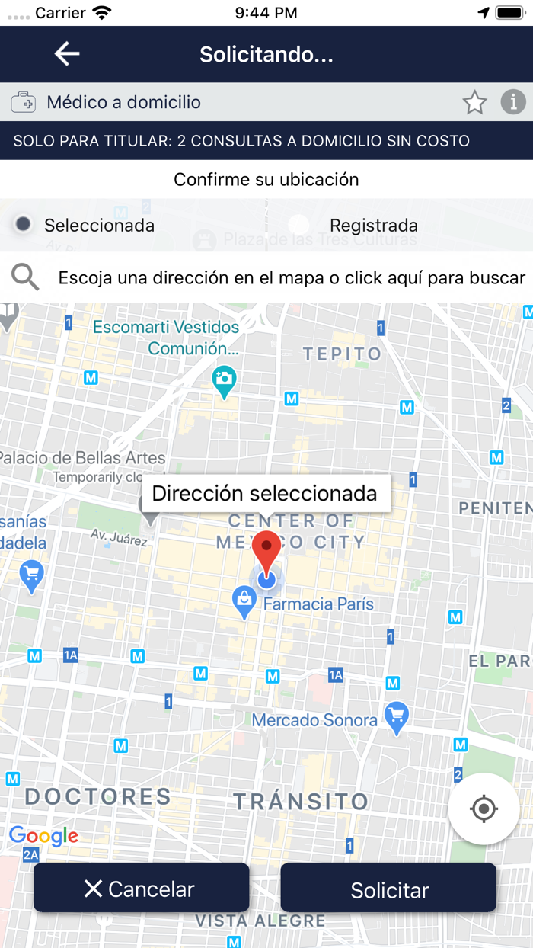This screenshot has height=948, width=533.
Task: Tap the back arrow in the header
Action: tap(67, 54)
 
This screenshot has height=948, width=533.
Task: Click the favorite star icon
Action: tap(474, 102)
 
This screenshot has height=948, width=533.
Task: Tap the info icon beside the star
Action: tap(513, 102)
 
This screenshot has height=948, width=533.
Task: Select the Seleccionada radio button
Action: tap(24, 224)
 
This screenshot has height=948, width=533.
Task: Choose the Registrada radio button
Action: tap(298, 225)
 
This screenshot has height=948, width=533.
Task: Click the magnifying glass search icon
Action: tap(25, 277)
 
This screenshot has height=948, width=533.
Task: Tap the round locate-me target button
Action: tap(484, 809)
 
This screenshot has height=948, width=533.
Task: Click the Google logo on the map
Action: tap(43, 836)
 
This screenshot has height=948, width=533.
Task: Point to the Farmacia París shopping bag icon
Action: tap(244, 602)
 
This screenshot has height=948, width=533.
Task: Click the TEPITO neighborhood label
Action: tap(342, 354)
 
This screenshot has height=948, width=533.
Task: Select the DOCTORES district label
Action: tap(98, 797)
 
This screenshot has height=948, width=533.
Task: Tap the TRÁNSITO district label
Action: tap(301, 802)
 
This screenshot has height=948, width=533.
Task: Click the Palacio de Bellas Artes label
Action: tap(83, 458)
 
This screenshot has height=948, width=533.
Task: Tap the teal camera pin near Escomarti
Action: tap(224, 380)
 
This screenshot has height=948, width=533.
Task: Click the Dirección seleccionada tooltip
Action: tap(265, 493)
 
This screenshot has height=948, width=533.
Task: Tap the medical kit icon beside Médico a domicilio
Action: tap(24, 102)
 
